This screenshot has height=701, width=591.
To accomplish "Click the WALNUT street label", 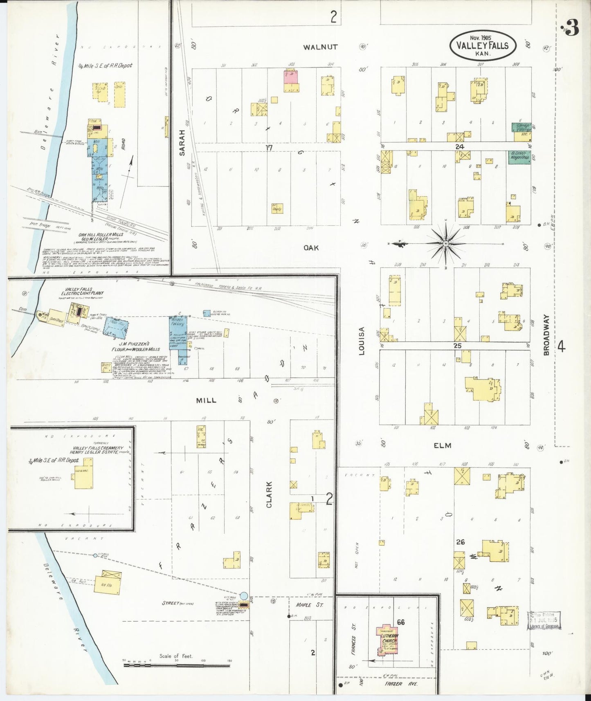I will click(x=321, y=47).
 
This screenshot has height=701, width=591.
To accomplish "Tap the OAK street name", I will click(x=311, y=248).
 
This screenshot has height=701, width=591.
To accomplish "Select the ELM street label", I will click(x=443, y=445).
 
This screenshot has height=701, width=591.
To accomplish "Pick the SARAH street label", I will click(x=182, y=142).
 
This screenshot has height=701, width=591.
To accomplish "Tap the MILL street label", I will click(x=206, y=401).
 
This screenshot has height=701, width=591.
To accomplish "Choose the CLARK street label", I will click(x=269, y=494).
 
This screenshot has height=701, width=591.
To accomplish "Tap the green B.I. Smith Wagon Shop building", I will click(x=519, y=157).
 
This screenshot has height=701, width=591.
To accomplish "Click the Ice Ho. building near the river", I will click(x=108, y=581).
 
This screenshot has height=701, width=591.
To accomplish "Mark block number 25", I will click(x=457, y=346).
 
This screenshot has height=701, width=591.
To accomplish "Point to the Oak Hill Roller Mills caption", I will click(x=101, y=235).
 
